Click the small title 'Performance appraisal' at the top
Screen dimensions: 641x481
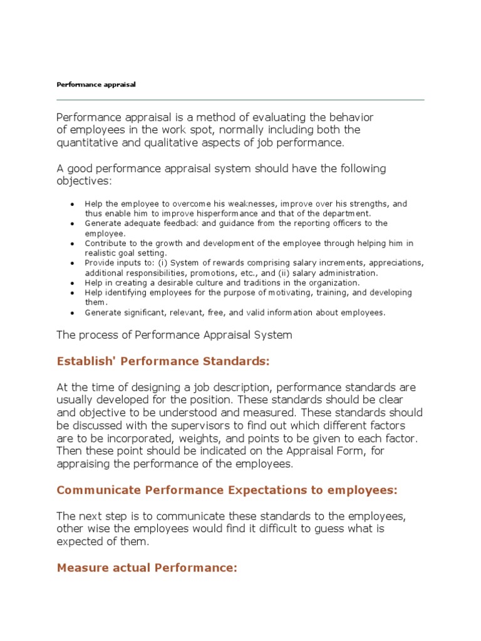tap(96, 84)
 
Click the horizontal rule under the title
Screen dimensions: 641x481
tap(240, 100)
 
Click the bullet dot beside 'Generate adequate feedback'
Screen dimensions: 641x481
tap(73, 224)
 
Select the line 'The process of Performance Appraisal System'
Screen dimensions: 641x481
tap(174, 335)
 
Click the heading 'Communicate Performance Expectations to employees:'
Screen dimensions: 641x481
tap(227, 490)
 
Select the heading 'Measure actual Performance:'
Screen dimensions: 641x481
tap(147, 568)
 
